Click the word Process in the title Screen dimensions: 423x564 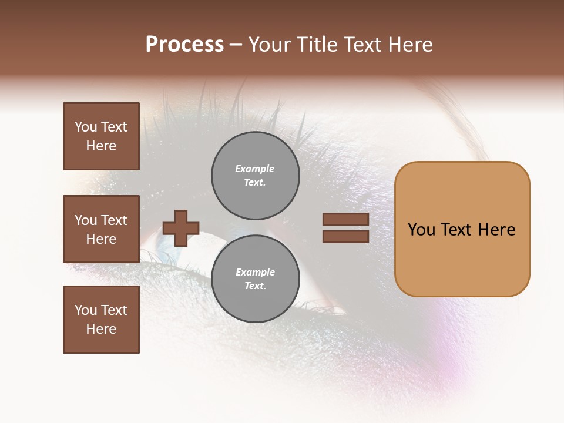184,45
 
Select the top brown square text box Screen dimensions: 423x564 101,136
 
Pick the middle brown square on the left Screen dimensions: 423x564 101,229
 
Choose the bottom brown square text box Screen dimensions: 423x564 101,320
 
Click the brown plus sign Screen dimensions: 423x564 181,228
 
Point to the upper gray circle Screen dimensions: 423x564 255,176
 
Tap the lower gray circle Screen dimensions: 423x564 255,279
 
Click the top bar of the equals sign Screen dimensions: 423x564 345,220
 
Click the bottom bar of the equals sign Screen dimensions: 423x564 345,236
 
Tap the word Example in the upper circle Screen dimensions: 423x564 254,169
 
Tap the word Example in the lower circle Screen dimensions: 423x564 255,272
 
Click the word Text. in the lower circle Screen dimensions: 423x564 255,286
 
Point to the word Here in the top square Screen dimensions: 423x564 101,146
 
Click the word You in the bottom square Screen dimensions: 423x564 85,310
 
